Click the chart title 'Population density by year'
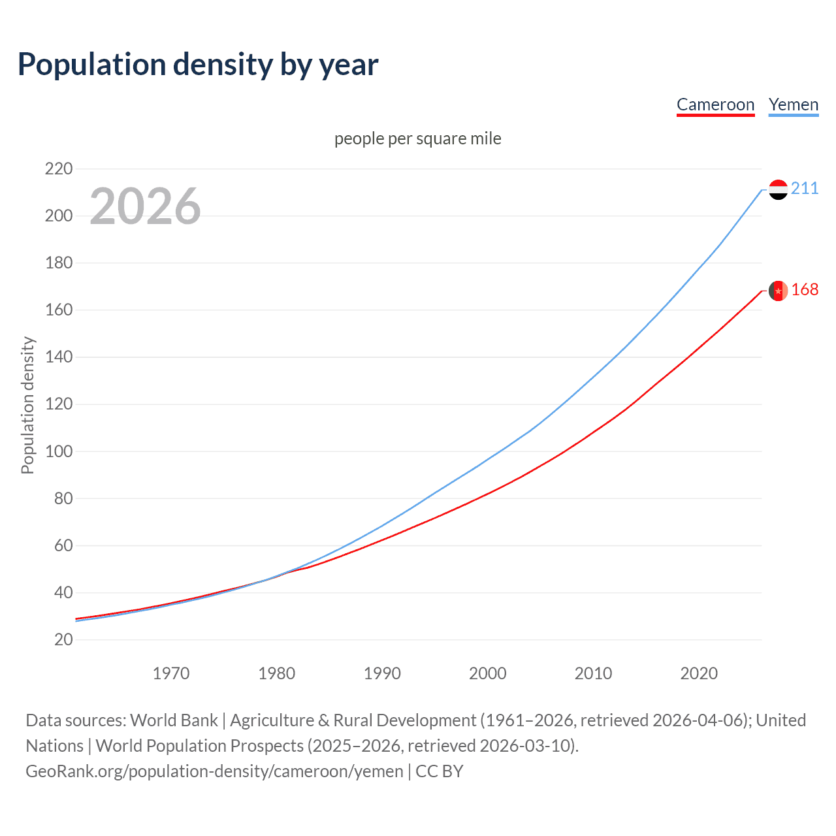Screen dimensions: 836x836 198,65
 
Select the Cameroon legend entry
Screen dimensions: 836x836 715,104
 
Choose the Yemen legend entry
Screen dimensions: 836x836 793,104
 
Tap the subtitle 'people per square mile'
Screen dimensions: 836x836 417,138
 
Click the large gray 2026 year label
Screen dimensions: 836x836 145,206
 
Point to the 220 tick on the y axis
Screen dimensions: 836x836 59,169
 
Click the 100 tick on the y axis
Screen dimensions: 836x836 59,451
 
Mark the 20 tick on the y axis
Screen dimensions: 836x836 63,639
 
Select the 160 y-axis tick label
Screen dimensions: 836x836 59,310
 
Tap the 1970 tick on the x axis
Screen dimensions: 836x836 171,673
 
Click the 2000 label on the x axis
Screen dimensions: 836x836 488,673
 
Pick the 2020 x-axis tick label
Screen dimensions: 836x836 699,673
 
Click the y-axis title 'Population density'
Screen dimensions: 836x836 27,405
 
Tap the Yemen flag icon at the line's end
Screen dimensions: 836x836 778,189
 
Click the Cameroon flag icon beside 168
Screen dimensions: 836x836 778,291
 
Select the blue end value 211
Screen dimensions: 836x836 805,189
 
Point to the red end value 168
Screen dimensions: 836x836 805,290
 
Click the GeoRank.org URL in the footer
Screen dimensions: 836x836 214,771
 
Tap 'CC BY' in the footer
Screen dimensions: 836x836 440,771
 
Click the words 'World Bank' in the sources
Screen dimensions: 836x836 174,720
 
